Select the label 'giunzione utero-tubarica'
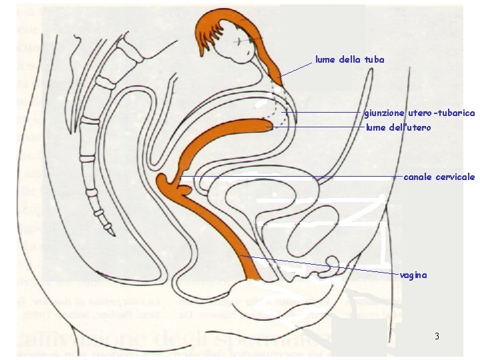tap(419, 113)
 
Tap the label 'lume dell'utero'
tap(399, 127)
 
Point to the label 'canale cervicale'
tap(439, 177)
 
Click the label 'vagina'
tap(413, 275)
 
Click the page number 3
tap(437, 336)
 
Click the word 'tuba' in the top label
tap(375, 60)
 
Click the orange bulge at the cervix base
tap(165, 181)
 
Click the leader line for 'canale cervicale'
tap(293, 176)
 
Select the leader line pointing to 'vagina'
tap(320, 265)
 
